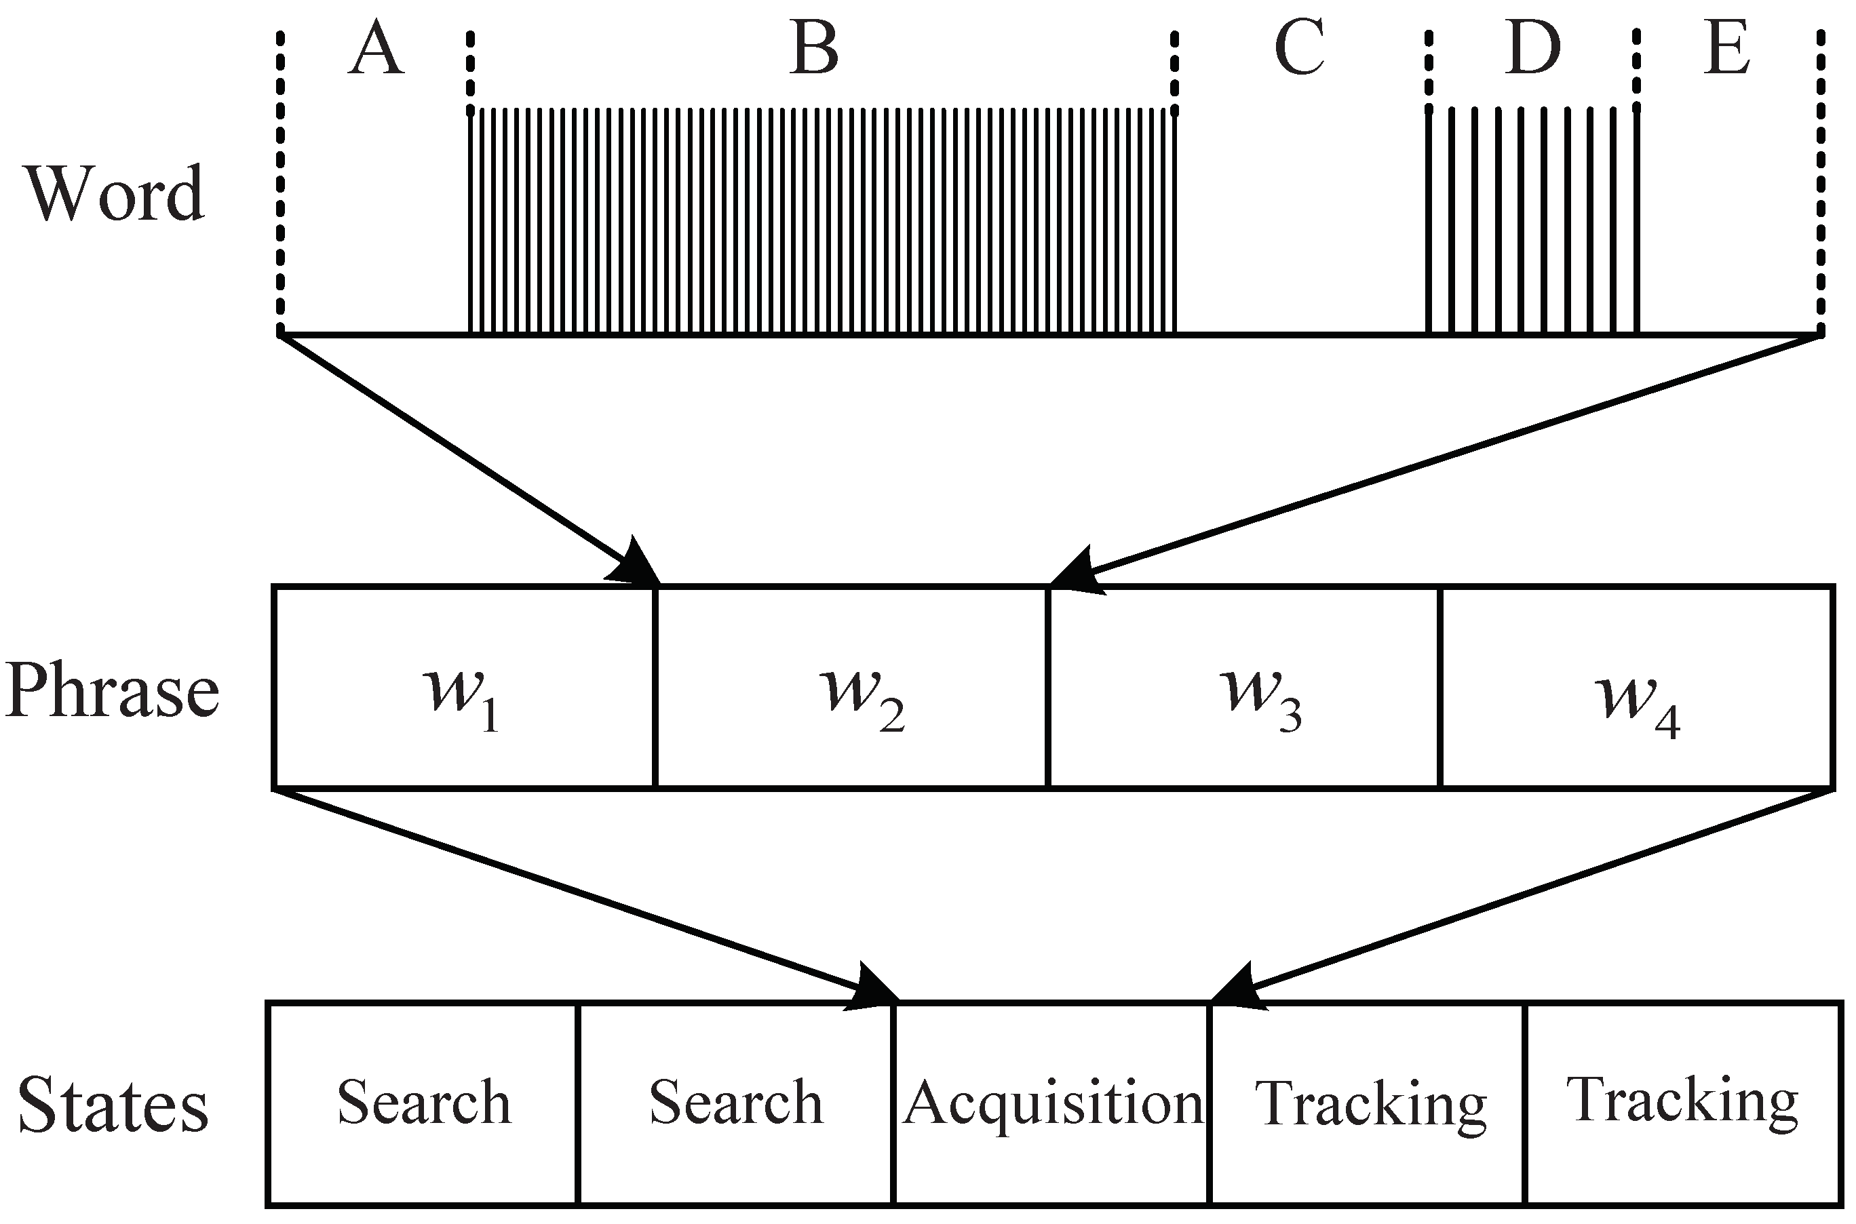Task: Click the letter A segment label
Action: point(376,52)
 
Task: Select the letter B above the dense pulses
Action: point(813,50)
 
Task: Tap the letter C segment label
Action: point(1299,50)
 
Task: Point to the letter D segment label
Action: point(1532,50)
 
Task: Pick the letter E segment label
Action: point(1726,50)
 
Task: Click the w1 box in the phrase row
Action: point(464,687)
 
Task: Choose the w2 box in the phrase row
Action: point(851,687)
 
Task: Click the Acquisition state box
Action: point(1051,1103)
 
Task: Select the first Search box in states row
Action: point(423,1103)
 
